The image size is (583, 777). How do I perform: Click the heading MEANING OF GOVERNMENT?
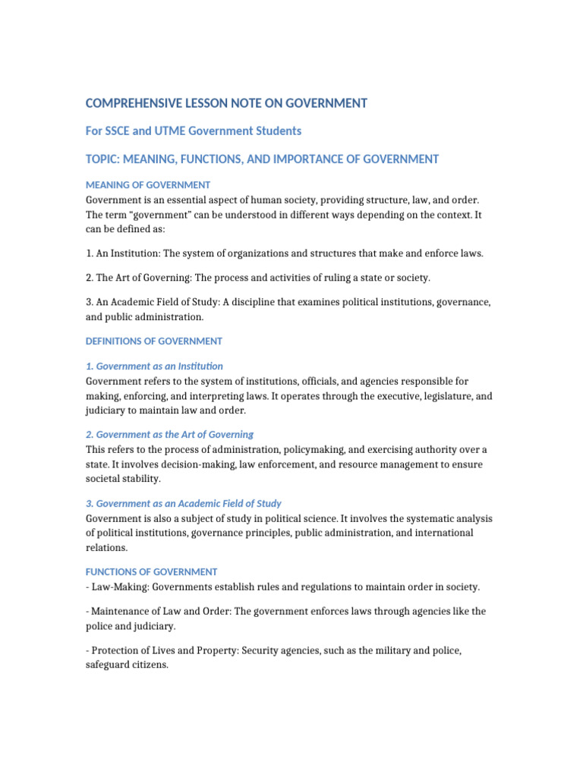click(148, 185)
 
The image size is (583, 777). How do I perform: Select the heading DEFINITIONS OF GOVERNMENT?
click(154, 341)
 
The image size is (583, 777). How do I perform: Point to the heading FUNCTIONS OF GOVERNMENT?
click(152, 571)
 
